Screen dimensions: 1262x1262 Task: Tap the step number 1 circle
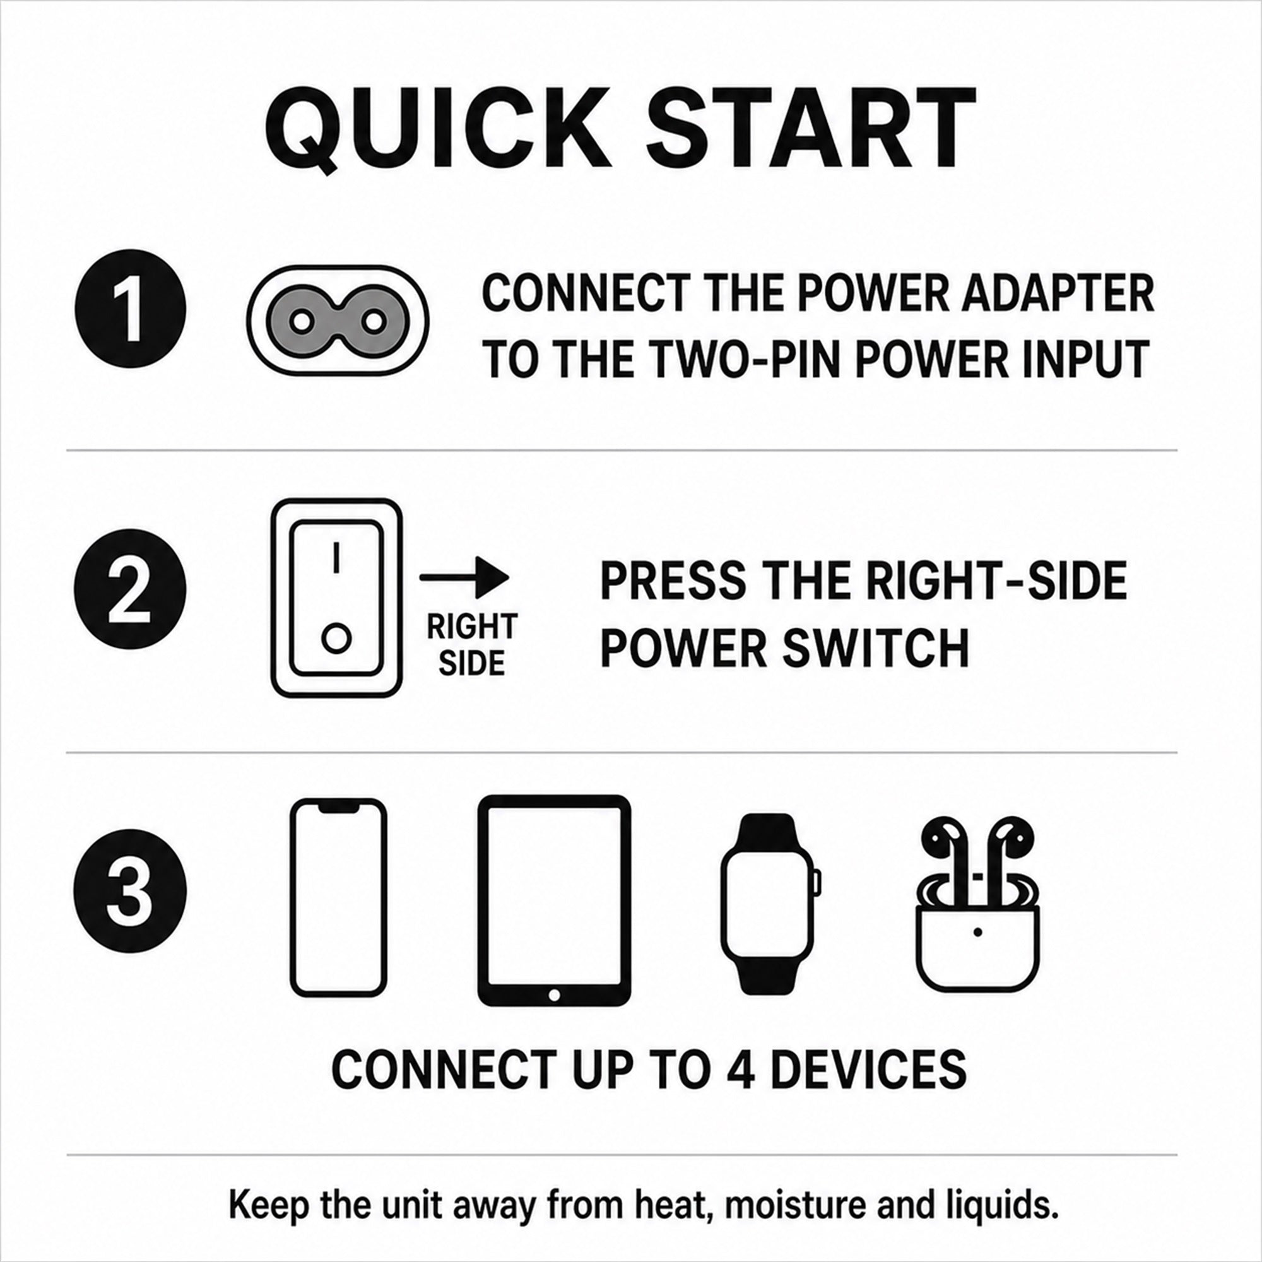[x=131, y=309]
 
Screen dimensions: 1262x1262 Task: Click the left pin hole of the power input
[x=301, y=321]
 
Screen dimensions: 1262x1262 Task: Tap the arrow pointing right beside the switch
[x=464, y=577]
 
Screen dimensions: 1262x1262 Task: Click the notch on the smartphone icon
[x=338, y=808]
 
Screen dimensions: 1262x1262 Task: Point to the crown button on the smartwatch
[x=817, y=883]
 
